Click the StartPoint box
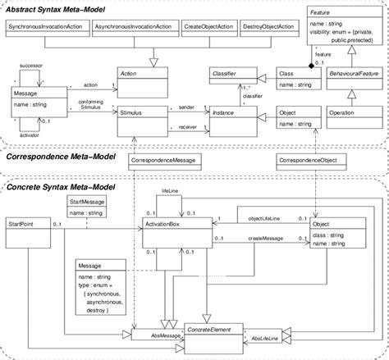click(x=23, y=224)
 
